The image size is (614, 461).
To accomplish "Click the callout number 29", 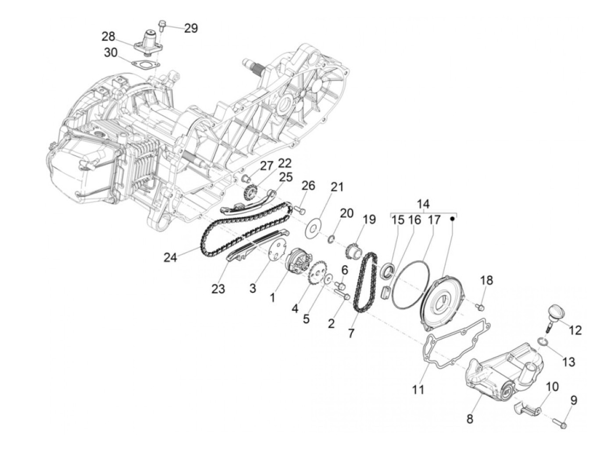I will point(191,28).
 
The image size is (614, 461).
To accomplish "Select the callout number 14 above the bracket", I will point(423,204).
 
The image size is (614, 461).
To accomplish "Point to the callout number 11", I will point(418,388).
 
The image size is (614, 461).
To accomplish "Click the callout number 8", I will point(470,418).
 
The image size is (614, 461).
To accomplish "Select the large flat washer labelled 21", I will point(313,227).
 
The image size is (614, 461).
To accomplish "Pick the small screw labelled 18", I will point(481,305).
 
